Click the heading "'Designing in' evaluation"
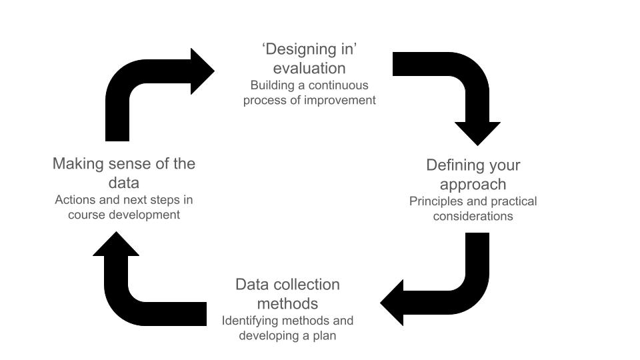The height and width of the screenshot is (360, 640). [309, 59]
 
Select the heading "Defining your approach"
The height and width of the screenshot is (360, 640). [473, 174]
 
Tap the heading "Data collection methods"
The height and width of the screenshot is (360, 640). [287, 294]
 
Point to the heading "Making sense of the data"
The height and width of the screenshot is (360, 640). [124, 173]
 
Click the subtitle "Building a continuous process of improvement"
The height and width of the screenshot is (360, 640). [309, 93]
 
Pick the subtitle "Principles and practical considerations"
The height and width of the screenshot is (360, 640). [473, 208]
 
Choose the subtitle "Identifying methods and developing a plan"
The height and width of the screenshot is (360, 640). [287, 328]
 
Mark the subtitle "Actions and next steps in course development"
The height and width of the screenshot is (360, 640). [124, 207]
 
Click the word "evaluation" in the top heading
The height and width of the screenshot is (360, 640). [309, 68]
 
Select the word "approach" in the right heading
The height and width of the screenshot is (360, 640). [473, 184]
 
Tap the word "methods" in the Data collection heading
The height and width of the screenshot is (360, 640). [287, 304]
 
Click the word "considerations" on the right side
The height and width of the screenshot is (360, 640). [473, 216]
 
